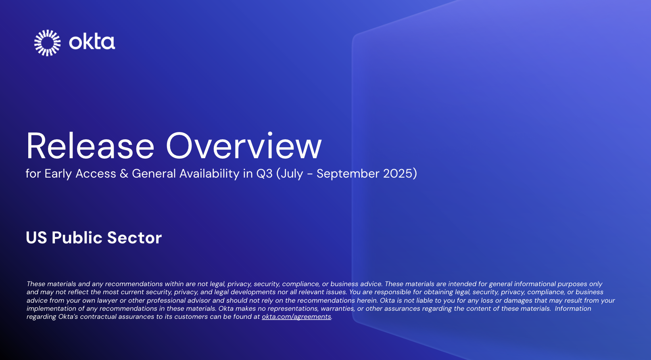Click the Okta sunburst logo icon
47,43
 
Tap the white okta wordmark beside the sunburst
92,42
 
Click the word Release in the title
90,146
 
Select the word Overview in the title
244,146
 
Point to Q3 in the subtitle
264,174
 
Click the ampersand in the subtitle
124,174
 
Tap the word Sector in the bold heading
134,238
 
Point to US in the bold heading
36,238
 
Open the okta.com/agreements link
296,317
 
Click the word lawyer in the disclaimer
108,300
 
